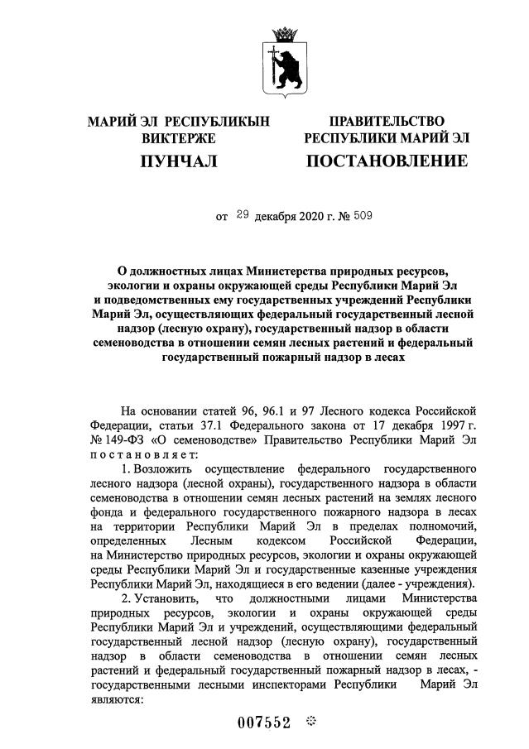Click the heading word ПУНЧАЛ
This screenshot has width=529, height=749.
(179, 160)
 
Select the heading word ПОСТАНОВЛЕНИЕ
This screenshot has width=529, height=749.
(387, 160)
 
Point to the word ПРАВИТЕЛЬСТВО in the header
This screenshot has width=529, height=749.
(387, 122)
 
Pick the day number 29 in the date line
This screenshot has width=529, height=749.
(242, 216)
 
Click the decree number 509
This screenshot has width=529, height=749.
(364, 217)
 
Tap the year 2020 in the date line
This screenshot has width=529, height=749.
(307, 217)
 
